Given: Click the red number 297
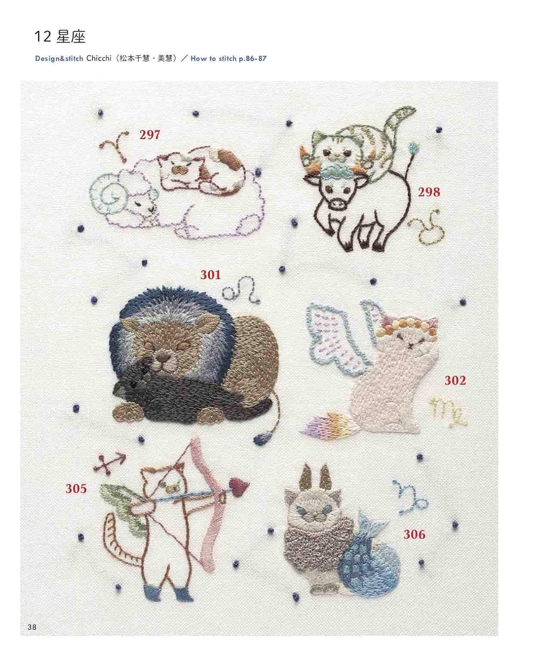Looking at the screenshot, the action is click(149, 135).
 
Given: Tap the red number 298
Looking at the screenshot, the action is click(429, 192).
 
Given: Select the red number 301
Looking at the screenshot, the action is click(210, 274).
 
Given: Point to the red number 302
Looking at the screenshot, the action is click(455, 380).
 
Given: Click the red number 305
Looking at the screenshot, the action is click(76, 488).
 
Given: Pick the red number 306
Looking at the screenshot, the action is click(414, 534).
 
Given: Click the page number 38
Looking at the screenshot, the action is click(32, 627).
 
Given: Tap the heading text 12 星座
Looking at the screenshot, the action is click(60, 37).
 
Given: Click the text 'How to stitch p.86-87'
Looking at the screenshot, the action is click(228, 58).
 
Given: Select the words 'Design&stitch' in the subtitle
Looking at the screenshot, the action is click(59, 58).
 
